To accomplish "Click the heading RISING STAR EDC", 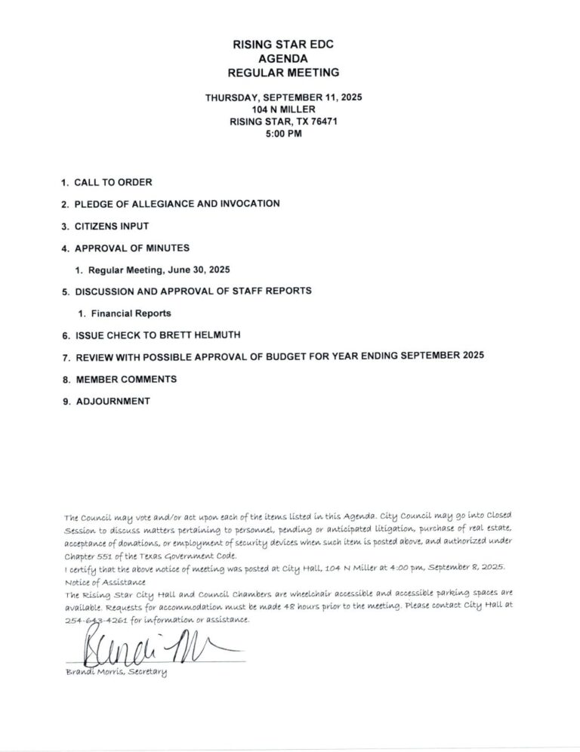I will click(x=283, y=46).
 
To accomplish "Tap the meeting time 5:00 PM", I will click(x=283, y=134).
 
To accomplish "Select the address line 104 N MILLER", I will click(x=283, y=109).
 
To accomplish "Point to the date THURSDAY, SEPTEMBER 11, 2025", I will click(x=283, y=97).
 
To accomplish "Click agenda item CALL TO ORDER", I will click(x=113, y=183).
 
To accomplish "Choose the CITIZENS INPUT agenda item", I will click(x=111, y=226).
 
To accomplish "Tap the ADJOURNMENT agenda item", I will click(x=113, y=402).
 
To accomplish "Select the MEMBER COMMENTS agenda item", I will click(x=125, y=378).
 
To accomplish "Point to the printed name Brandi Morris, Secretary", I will click(x=116, y=672).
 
